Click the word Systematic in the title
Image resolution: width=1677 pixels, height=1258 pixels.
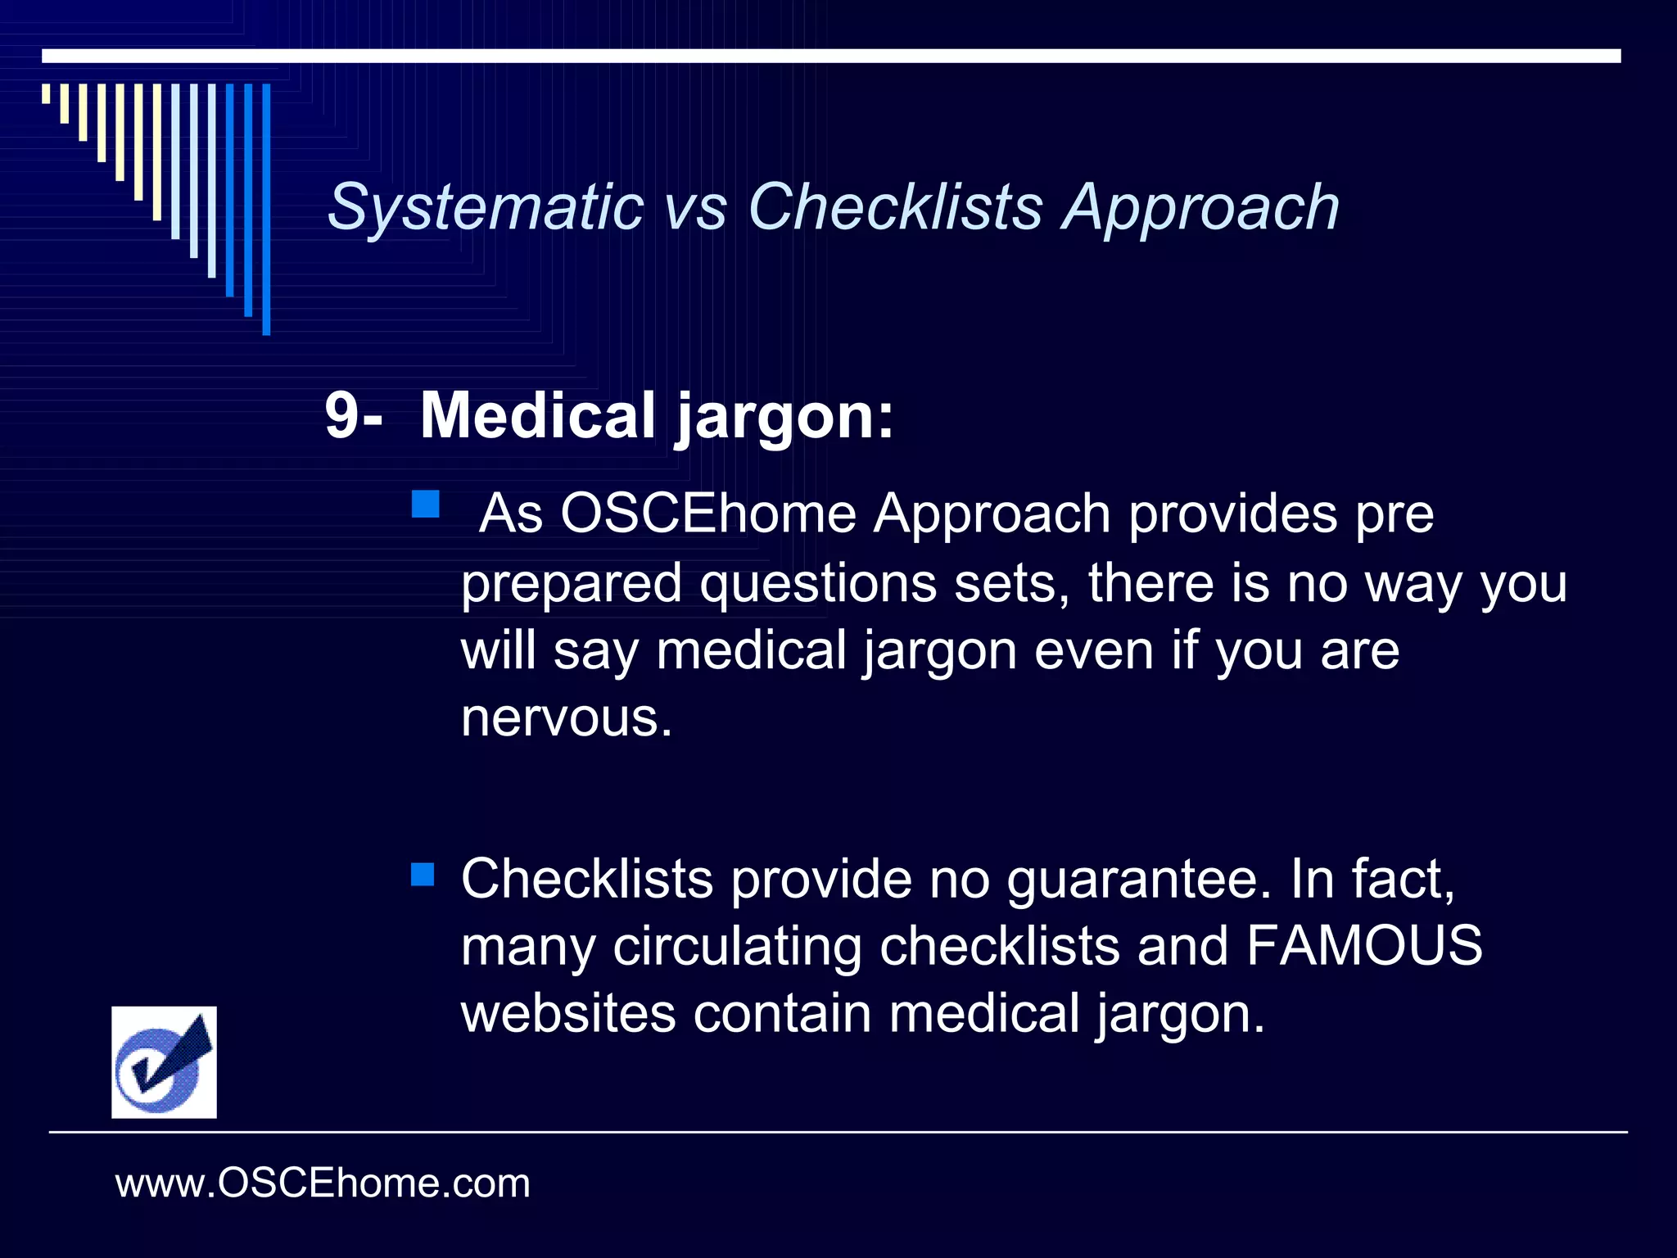click(485, 207)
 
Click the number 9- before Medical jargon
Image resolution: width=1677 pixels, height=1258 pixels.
click(352, 416)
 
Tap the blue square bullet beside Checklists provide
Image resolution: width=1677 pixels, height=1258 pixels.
click(423, 874)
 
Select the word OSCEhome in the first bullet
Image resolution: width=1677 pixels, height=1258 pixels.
click(707, 514)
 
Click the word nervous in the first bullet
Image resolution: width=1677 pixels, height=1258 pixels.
click(566, 718)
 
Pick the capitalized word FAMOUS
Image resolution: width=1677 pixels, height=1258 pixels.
click(1364, 945)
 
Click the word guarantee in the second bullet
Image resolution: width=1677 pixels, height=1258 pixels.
click(1138, 880)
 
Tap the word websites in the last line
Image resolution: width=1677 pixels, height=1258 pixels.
click(568, 1013)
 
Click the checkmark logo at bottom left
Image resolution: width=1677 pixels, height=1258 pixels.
click(164, 1061)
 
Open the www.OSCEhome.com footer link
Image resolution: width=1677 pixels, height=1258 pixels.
click(323, 1183)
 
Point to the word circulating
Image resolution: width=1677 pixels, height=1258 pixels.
click(737, 947)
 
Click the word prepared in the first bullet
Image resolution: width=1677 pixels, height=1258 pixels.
click(571, 585)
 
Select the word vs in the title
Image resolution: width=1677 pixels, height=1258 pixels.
click(695, 208)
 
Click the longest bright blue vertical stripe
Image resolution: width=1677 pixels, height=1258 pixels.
click(266, 209)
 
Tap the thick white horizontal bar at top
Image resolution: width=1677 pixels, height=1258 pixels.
click(831, 56)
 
